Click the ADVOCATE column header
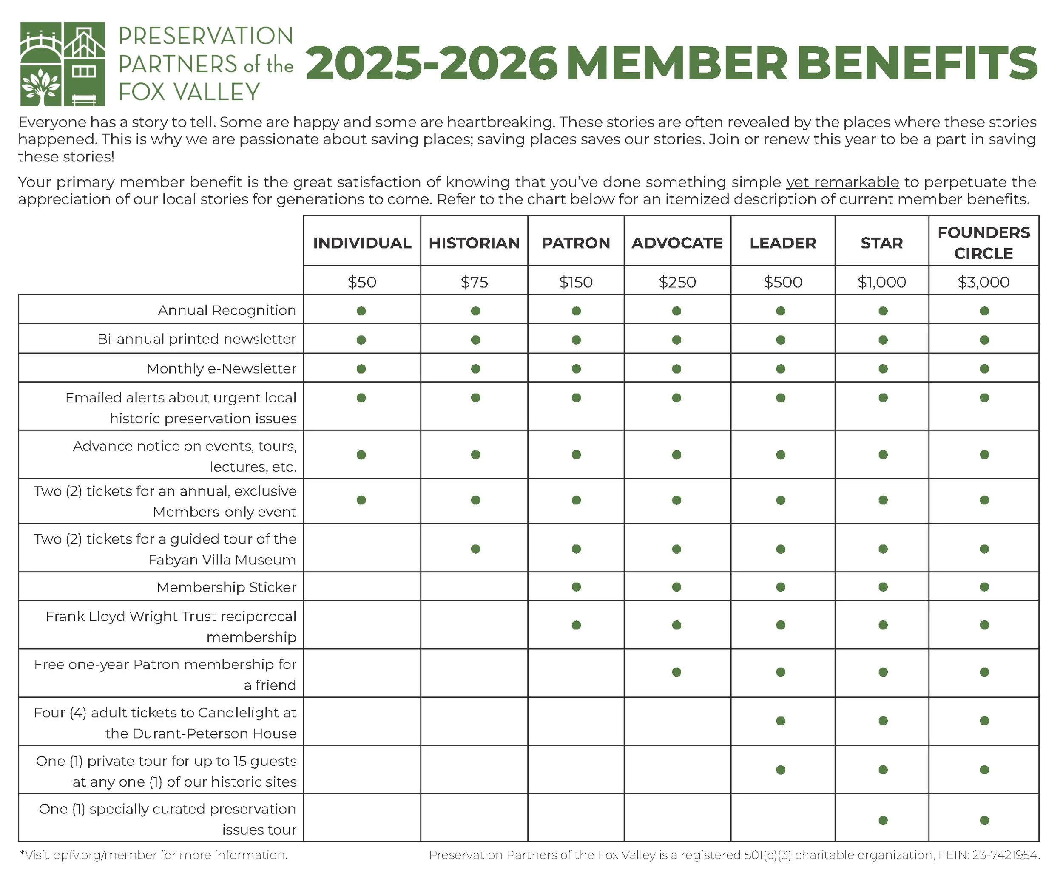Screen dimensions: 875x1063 tap(677, 243)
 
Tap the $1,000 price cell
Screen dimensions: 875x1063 tap(881, 282)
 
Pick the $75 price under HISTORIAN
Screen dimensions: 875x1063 tap(474, 282)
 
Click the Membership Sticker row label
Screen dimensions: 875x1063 tap(226, 587)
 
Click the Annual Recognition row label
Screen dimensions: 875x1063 tap(227, 310)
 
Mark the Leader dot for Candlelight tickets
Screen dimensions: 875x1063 tap(781, 721)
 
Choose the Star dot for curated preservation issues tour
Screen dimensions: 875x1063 tap(882, 820)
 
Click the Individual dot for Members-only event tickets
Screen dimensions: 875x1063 tap(361, 500)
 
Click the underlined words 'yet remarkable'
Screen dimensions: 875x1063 tap(842, 182)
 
